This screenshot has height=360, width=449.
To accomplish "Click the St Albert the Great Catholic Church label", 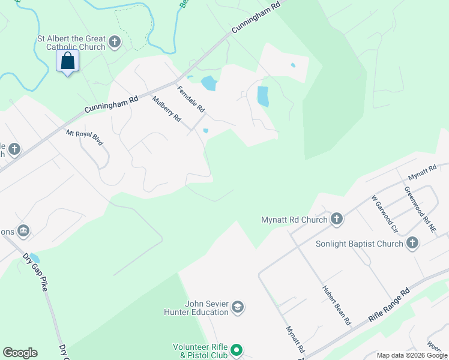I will click(71, 43).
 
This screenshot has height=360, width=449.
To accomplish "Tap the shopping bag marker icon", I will click(67, 61).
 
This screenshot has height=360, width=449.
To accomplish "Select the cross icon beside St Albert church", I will click(115, 43).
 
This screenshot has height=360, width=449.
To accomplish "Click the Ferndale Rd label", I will click(191, 100).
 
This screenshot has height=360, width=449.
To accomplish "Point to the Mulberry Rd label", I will click(166, 109).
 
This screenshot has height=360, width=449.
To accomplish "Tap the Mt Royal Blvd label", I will click(85, 138).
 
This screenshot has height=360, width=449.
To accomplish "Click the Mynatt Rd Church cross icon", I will click(336, 220).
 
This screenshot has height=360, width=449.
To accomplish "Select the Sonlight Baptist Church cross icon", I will click(412, 244).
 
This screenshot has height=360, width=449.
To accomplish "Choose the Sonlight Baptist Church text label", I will click(359, 244).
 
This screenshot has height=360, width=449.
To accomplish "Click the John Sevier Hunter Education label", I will click(198, 308).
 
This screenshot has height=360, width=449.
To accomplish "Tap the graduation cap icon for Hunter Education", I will click(238, 308).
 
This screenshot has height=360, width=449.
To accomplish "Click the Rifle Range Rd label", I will click(389, 304).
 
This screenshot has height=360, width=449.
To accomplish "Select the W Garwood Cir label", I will click(385, 213).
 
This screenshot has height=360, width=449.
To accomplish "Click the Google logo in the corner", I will click(20, 353).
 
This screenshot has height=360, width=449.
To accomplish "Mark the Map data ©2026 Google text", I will click(411, 355).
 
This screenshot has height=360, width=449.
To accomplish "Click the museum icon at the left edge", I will click(23, 230).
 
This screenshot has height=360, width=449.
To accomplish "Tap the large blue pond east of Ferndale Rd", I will click(262, 96).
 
